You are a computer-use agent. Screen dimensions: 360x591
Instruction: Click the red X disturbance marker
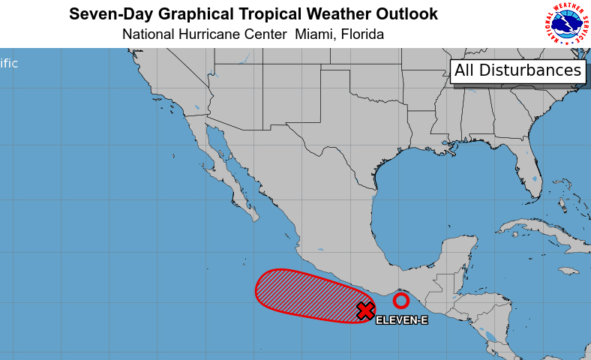[365, 310]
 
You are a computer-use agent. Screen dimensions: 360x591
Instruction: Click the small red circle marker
[401, 301]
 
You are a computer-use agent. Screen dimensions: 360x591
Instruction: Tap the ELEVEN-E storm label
[401, 321]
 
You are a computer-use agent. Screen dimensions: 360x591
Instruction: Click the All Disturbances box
[518, 70]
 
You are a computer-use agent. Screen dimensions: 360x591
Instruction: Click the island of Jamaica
[568, 270]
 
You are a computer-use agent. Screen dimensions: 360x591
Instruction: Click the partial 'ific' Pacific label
[9, 64]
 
